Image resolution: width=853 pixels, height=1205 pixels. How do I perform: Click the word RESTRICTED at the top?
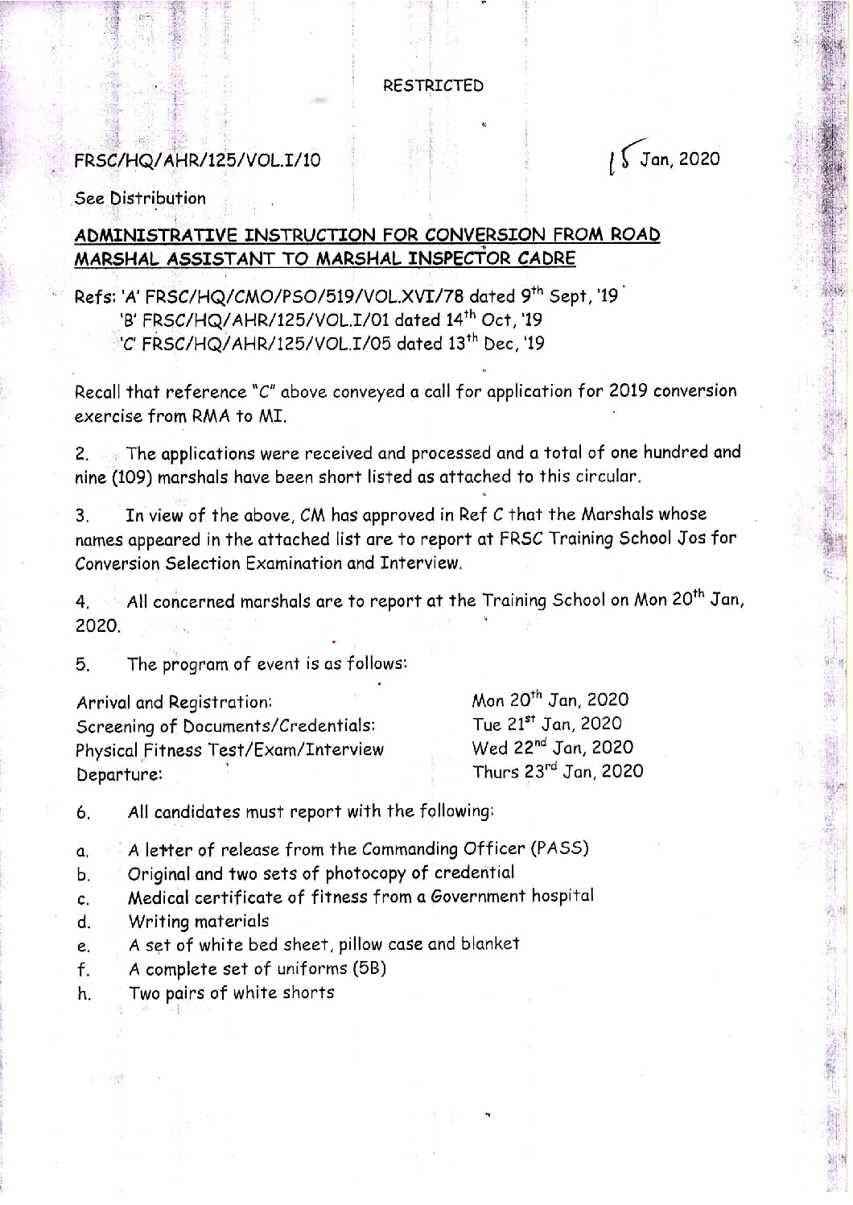click(x=433, y=85)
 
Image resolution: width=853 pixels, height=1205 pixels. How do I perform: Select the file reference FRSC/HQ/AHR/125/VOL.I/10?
click(x=197, y=159)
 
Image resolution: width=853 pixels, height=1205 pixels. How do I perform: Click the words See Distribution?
click(x=140, y=198)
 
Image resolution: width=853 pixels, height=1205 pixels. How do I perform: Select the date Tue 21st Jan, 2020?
click(x=546, y=724)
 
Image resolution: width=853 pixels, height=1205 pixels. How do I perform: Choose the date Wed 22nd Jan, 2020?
click(x=552, y=748)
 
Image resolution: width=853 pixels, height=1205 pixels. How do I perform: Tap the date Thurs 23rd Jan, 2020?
click(x=557, y=771)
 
